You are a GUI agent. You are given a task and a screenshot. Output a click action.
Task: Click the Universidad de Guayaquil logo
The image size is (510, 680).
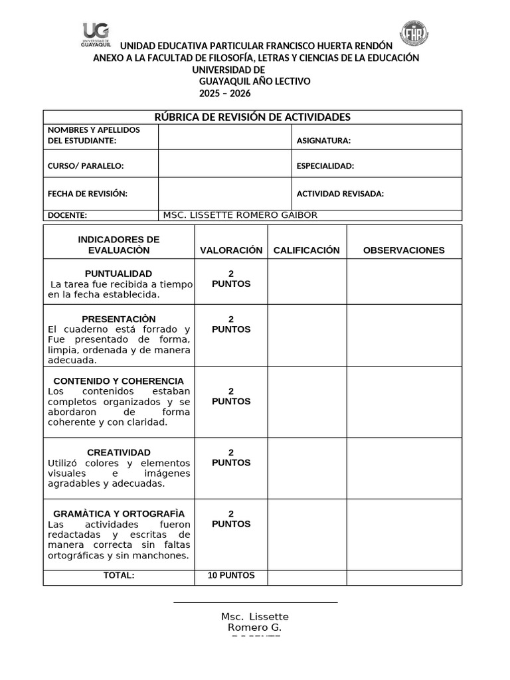pyautogui.click(x=96, y=35)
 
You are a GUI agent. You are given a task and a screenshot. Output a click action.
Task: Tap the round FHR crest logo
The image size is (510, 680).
pyautogui.click(x=414, y=33)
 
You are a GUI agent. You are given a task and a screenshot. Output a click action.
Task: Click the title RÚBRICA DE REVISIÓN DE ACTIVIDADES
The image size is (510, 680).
pyautogui.click(x=252, y=118)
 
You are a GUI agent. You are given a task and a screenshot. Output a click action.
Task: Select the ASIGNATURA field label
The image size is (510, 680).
pyautogui.click(x=323, y=141)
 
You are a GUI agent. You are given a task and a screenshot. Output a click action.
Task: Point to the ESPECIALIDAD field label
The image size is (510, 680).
pyautogui.click(x=325, y=166)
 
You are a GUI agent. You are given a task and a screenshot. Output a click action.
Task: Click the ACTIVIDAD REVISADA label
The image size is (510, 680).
pyautogui.click(x=340, y=194)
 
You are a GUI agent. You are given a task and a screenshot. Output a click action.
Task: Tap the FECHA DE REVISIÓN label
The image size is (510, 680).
pyautogui.click(x=87, y=194)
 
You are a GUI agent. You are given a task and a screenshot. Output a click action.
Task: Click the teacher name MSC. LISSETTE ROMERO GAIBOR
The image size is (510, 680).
pyautogui.click(x=240, y=215)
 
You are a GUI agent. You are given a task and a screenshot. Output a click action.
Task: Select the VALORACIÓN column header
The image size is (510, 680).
pyautogui.click(x=231, y=250)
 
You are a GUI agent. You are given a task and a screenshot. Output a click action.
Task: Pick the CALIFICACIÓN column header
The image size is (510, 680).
pyautogui.click(x=306, y=250)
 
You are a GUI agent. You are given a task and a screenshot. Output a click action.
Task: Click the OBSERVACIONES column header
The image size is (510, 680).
pyautogui.click(x=404, y=250)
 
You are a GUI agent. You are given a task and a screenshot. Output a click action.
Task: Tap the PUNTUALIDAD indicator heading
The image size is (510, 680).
pyautogui.click(x=118, y=274)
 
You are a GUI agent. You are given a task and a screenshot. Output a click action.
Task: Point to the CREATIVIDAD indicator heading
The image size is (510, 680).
pyautogui.click(x=118, y=452)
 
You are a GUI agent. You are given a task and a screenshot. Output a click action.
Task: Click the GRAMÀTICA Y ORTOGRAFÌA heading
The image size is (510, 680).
pyautogui.click(x=118, y=514)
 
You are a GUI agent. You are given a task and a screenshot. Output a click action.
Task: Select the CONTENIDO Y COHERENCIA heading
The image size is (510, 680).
pyautogui.click(x=118, y=381)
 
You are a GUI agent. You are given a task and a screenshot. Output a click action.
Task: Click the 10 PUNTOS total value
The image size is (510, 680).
pyautogui.click(x=230, y=576)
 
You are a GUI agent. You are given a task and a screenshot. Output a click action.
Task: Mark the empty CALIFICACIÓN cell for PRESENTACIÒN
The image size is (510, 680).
pyautogui.click(x=307, y=335)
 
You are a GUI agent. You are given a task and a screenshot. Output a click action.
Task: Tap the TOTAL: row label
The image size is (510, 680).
pyautogui.click(x=118, y=576)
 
